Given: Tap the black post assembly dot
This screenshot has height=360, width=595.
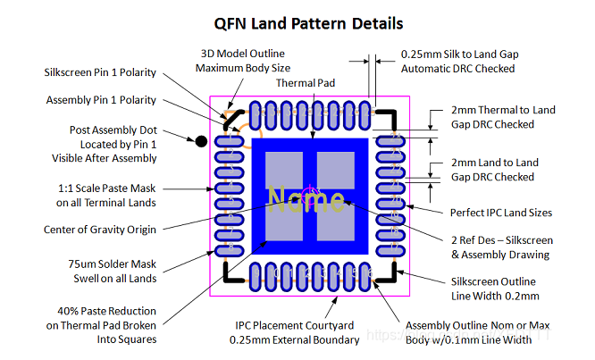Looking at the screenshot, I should tap(202, 140).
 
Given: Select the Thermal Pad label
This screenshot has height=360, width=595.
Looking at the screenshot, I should tap(305, 83).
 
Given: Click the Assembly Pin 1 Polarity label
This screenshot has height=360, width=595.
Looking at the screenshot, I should tap(101, 100).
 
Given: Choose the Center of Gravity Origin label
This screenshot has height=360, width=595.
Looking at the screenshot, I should tap(100, 230).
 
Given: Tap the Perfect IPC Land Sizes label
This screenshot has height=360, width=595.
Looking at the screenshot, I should tap(501, 213).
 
